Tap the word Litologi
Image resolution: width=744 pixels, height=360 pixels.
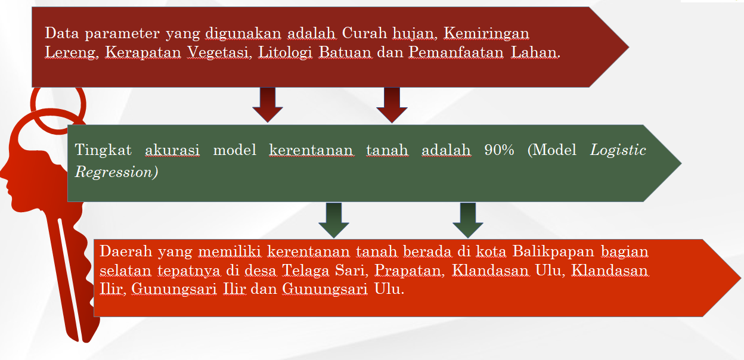(286, 53)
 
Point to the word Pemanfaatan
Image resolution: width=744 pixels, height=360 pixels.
(456, 52)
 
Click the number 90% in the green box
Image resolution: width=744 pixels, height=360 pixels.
(499, 150)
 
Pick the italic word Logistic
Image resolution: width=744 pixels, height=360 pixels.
(618, 150)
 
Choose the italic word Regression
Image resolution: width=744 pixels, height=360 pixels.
(113, 173)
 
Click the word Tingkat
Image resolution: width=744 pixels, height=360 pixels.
(103, 150)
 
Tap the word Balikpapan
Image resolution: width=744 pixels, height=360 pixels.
(553, 252)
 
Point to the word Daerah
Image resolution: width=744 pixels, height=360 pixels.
(126, 252)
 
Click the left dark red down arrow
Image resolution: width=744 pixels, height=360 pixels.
(268, 105)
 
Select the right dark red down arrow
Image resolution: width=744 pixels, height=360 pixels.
(392, 105)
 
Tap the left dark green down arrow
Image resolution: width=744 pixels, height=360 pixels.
(334, 220)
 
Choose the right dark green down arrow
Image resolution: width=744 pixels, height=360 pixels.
(468, 220)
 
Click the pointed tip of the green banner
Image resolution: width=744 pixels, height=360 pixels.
(681, 163)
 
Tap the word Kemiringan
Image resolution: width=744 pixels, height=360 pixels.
(486, 34)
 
